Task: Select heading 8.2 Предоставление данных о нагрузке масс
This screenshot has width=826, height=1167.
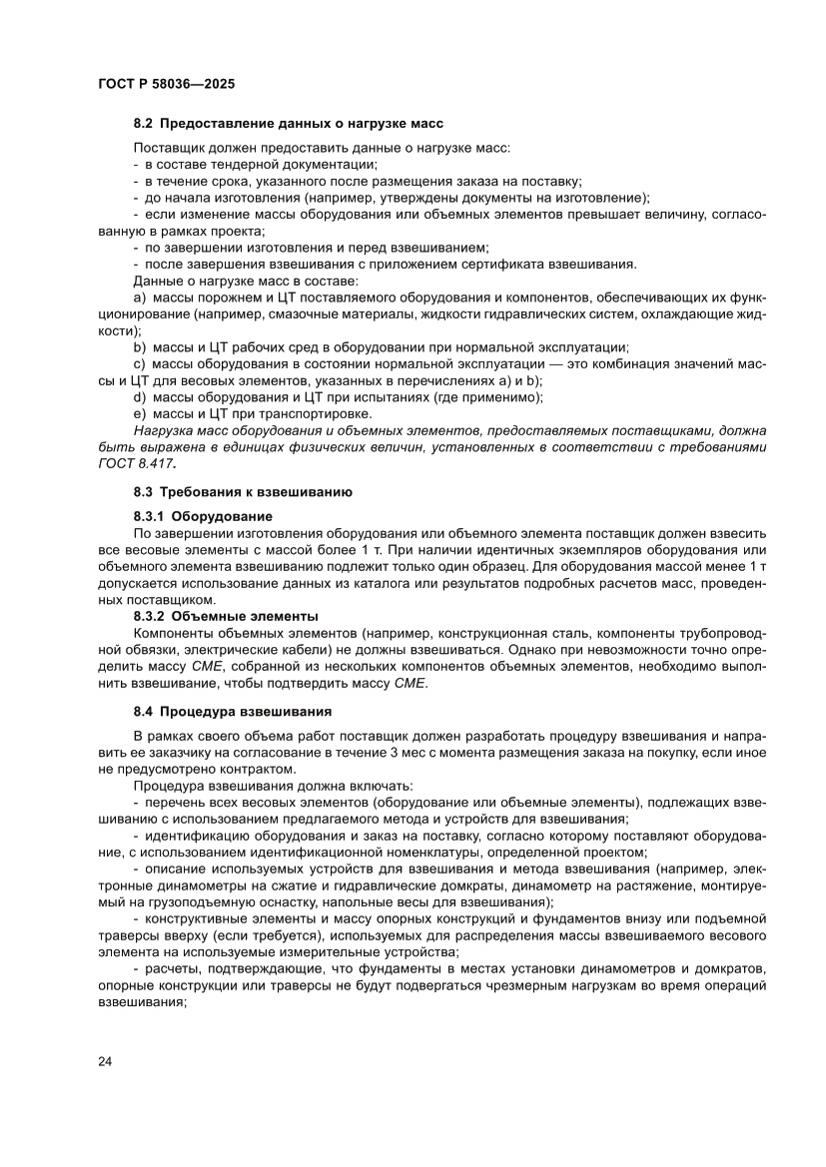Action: click(x=288, y=123)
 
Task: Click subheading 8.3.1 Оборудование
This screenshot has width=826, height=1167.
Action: click(x=202, y=516)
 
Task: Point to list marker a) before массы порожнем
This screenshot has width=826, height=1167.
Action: click(x=140, y=297)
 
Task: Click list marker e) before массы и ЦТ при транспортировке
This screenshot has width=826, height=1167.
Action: click(x=140, y=413)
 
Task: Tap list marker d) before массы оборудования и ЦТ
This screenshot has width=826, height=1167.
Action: click(x=140, y=396)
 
